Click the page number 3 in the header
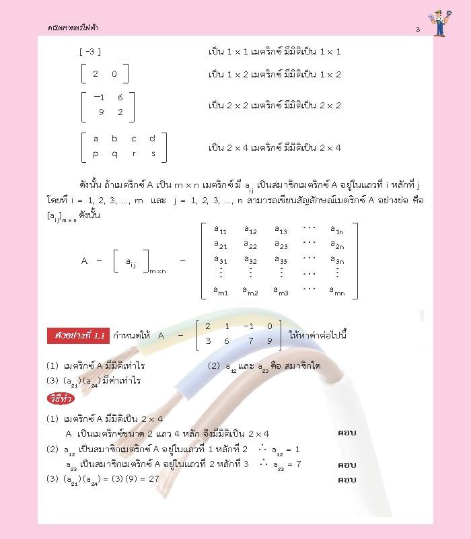418,29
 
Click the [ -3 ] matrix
89,52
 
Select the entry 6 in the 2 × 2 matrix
120,97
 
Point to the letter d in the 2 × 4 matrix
152,139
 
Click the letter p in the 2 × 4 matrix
96,153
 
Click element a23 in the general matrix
281,246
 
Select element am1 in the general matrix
221,291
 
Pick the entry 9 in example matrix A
269,341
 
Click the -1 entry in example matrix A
249,327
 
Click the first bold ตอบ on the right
347,433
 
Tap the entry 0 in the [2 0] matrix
114,74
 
